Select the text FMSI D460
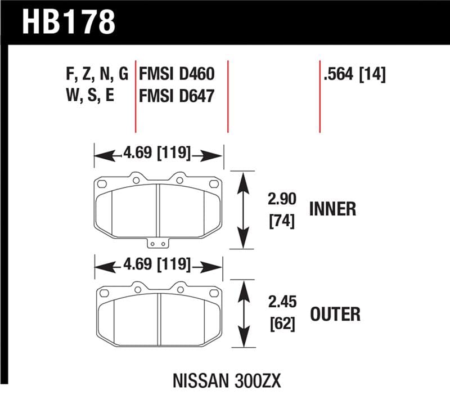(x=177, y=74)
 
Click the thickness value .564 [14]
(x=354, y=74)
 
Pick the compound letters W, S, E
(x=90, y=95)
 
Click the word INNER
(x=332, y=209)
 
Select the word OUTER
(x=335, y=313)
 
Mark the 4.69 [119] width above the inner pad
(x=157, y=154)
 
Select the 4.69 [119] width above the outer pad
(x=157, y=264)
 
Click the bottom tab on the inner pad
(x=157, y=244)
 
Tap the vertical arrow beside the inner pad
(x=242, y=209)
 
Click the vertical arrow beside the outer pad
(x=242, y=315)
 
